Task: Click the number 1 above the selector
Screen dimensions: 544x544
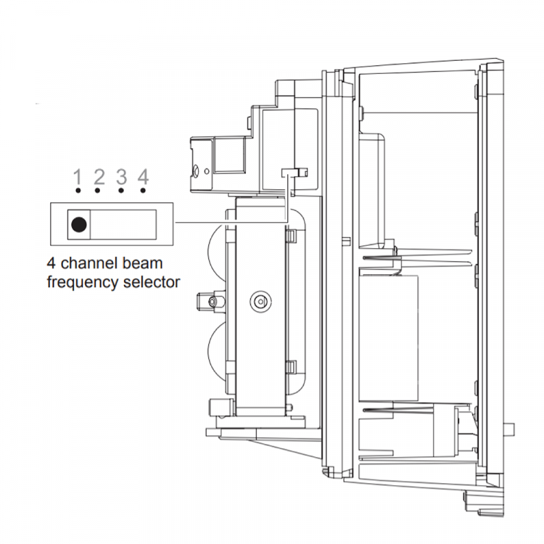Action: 77,176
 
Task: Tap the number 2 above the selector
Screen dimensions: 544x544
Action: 99,176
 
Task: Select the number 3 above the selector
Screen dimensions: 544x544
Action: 122,176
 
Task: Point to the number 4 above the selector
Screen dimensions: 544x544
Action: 144,176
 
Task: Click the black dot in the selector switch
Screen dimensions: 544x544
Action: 78,224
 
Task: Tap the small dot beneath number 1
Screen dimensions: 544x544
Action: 77,191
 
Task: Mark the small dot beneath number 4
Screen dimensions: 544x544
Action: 144,191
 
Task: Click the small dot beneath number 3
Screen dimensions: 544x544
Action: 122,191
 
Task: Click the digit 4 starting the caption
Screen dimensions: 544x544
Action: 51,263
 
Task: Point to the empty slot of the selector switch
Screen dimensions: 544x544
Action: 124,224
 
